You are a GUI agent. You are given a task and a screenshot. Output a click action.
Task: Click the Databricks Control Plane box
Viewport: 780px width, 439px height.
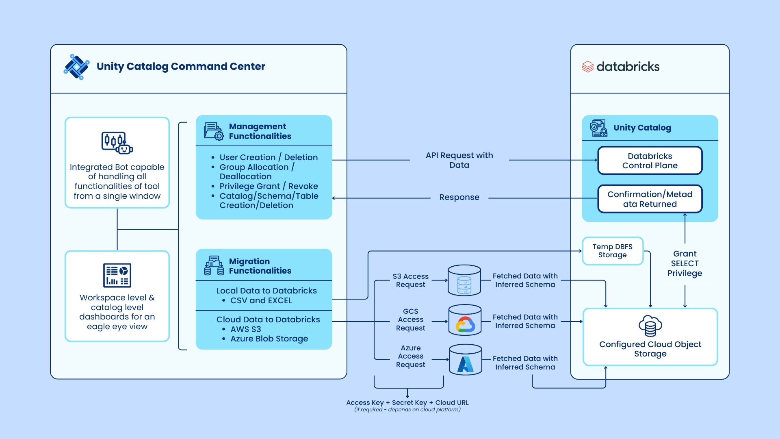[x=650, y=161]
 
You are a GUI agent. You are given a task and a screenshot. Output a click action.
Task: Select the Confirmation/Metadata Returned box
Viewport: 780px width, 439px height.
[x=650, y=199]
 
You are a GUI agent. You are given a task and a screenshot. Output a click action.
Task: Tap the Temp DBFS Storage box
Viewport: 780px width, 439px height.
[x=612, y=251]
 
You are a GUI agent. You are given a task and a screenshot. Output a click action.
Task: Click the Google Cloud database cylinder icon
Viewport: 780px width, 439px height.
[x=465, y=321]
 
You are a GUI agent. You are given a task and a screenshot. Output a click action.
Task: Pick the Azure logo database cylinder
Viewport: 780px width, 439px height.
[x=465, y=360]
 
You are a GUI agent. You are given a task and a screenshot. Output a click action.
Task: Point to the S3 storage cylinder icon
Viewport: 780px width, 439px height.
[x=464, y=280]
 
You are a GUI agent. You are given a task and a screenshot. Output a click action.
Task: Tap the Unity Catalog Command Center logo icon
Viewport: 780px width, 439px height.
[x=76, y=67]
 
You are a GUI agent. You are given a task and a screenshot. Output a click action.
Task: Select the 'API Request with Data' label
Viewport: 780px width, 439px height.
[x=459, y=160]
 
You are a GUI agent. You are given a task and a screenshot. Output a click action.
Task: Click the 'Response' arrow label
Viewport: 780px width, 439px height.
[x=459, y=198]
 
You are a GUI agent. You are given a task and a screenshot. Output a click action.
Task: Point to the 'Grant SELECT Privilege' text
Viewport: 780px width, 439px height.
[x=685, y=263]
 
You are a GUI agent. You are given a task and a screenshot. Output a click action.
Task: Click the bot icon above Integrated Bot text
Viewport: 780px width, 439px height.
[x=117, y=143]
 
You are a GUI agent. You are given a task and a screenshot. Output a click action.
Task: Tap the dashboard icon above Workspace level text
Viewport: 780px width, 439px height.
[x=117, y=275]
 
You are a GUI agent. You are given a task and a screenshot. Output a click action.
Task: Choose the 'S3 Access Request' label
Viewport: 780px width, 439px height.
[x=410, y=280]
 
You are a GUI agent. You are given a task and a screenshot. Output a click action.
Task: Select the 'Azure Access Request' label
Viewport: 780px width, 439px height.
[x=410, y=356]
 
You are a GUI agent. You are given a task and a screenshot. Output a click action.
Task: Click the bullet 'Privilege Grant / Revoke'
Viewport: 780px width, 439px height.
[x=269, y=186]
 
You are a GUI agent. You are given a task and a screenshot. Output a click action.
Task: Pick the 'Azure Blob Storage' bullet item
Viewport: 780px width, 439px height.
[x=269, y=339]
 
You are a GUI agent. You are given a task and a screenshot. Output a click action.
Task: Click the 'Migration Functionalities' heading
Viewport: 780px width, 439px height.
[x=260, y=266]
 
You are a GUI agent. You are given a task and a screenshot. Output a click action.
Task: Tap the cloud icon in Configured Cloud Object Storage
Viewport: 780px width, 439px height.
[x=650, y=326]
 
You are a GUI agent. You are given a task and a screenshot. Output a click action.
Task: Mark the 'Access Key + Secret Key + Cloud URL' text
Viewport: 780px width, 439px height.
[x=407, y=403]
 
